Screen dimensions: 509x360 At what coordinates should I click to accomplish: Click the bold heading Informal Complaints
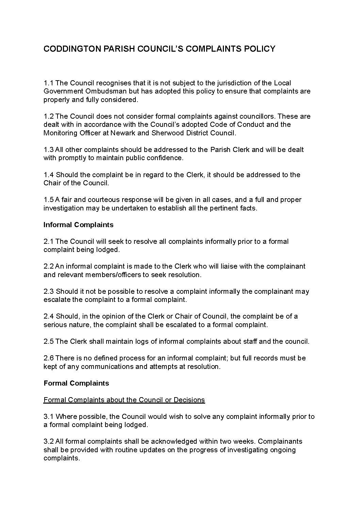pos(78,225)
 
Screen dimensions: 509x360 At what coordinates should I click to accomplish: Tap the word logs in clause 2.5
pos(142,341)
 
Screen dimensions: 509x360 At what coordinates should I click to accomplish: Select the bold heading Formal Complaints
pos(76,383)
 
